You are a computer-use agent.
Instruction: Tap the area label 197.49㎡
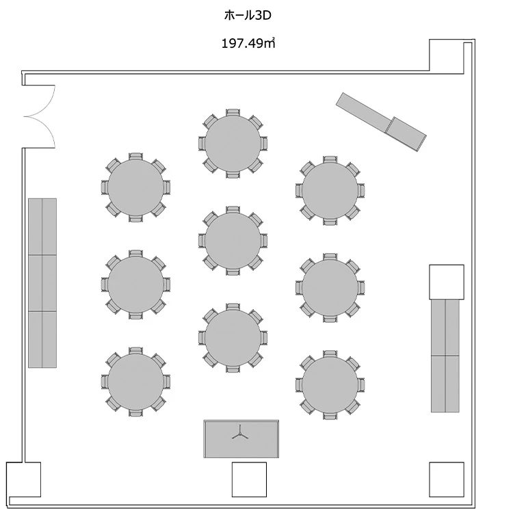(x=248, y=44)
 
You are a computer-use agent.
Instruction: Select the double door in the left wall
(x=39, y=116)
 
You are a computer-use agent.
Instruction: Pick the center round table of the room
(x=233, y=240)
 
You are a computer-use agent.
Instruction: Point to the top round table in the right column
(x=330, y=190)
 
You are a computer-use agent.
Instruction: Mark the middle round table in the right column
(x=330, y=287)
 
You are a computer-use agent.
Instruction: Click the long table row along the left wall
(x=42, y=282)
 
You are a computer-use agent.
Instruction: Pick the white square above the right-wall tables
(x=446, y=282)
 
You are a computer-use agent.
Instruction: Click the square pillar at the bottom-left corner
(x=23, y=479)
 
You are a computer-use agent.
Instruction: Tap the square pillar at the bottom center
(x=249, y=479)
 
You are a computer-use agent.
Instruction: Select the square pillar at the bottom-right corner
(x=446, y=479)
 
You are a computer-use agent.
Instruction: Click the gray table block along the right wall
(x=445, y=356)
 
